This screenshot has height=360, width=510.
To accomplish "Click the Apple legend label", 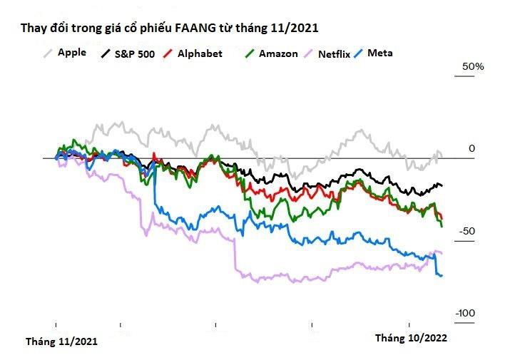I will pos(71,52).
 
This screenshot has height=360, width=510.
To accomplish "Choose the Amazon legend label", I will pos(278,53).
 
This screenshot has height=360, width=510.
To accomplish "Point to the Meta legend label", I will pos(379,53).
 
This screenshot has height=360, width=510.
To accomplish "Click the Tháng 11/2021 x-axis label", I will pos(61,341).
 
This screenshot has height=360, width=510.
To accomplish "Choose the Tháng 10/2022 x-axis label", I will pos(412,339).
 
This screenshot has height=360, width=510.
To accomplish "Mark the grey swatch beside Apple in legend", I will pos(49,53).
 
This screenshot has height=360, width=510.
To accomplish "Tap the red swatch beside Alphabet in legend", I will pos(168,53).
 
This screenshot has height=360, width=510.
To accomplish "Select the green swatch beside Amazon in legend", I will pos(249,53).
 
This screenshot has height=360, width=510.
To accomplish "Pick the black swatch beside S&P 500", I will pos(107,53).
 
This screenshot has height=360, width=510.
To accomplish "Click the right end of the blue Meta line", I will pos(442,275).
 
